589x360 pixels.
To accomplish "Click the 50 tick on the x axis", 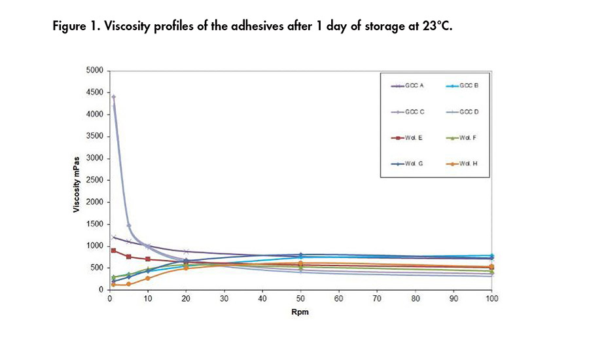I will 300,298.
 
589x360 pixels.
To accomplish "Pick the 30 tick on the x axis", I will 224,298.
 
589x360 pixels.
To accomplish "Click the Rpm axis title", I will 300,312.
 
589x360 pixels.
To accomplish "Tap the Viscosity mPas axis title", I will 77,180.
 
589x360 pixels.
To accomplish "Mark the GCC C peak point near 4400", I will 114,97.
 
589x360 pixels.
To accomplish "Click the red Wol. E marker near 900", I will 114,251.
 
